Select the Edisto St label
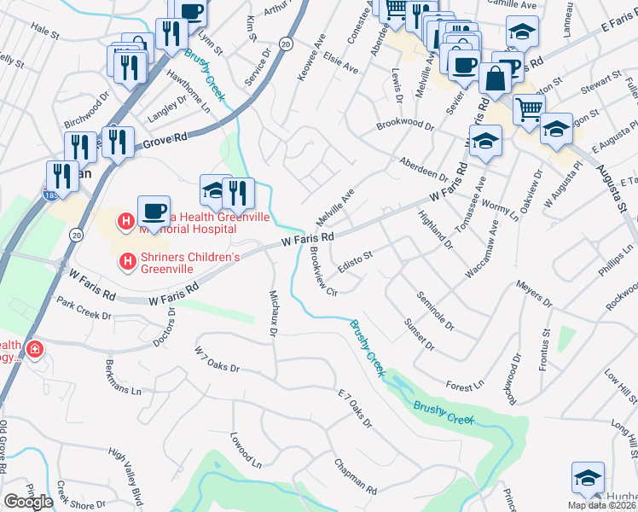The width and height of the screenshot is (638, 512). (x=355, y=261)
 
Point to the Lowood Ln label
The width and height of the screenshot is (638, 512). (x=245, y=449)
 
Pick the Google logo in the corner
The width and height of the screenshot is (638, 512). (x=27, y=502)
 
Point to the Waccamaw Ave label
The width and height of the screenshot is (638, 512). (x=481, y=249)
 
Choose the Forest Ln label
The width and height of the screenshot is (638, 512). (x=465, y=387)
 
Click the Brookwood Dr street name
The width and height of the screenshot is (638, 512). (x=406, y=125)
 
